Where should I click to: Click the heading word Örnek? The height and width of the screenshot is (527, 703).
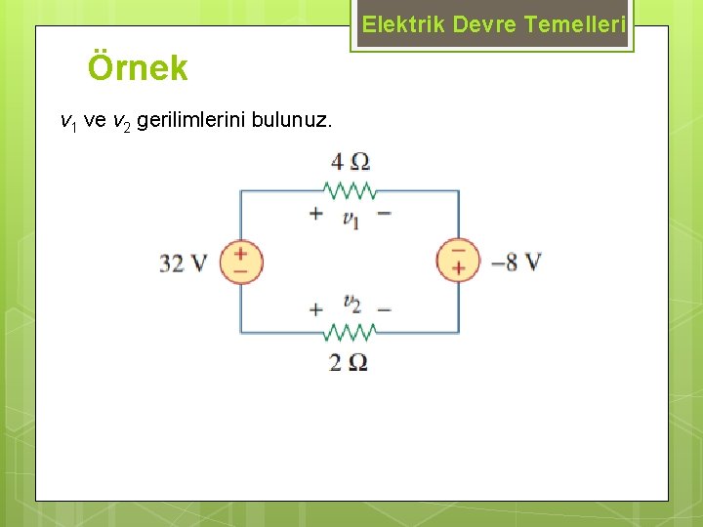138,68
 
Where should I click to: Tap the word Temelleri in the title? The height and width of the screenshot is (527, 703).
574,24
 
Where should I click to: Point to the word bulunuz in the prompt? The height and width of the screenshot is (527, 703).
292,121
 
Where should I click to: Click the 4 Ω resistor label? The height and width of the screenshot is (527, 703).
351,162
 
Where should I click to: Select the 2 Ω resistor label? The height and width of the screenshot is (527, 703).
349,362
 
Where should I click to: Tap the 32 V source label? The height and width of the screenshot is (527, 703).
184,263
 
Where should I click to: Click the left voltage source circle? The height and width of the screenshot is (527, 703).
241,262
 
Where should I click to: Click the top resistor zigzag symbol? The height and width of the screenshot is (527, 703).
350,189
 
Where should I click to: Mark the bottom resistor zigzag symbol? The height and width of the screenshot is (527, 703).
350,332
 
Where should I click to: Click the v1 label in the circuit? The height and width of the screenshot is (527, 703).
351,218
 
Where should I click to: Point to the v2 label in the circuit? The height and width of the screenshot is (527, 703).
351,304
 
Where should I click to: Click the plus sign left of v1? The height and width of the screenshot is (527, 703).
315,213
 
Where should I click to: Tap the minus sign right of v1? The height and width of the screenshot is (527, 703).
385,213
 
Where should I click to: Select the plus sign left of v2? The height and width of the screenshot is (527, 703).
315,309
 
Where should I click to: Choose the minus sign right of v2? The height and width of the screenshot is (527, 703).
385,309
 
